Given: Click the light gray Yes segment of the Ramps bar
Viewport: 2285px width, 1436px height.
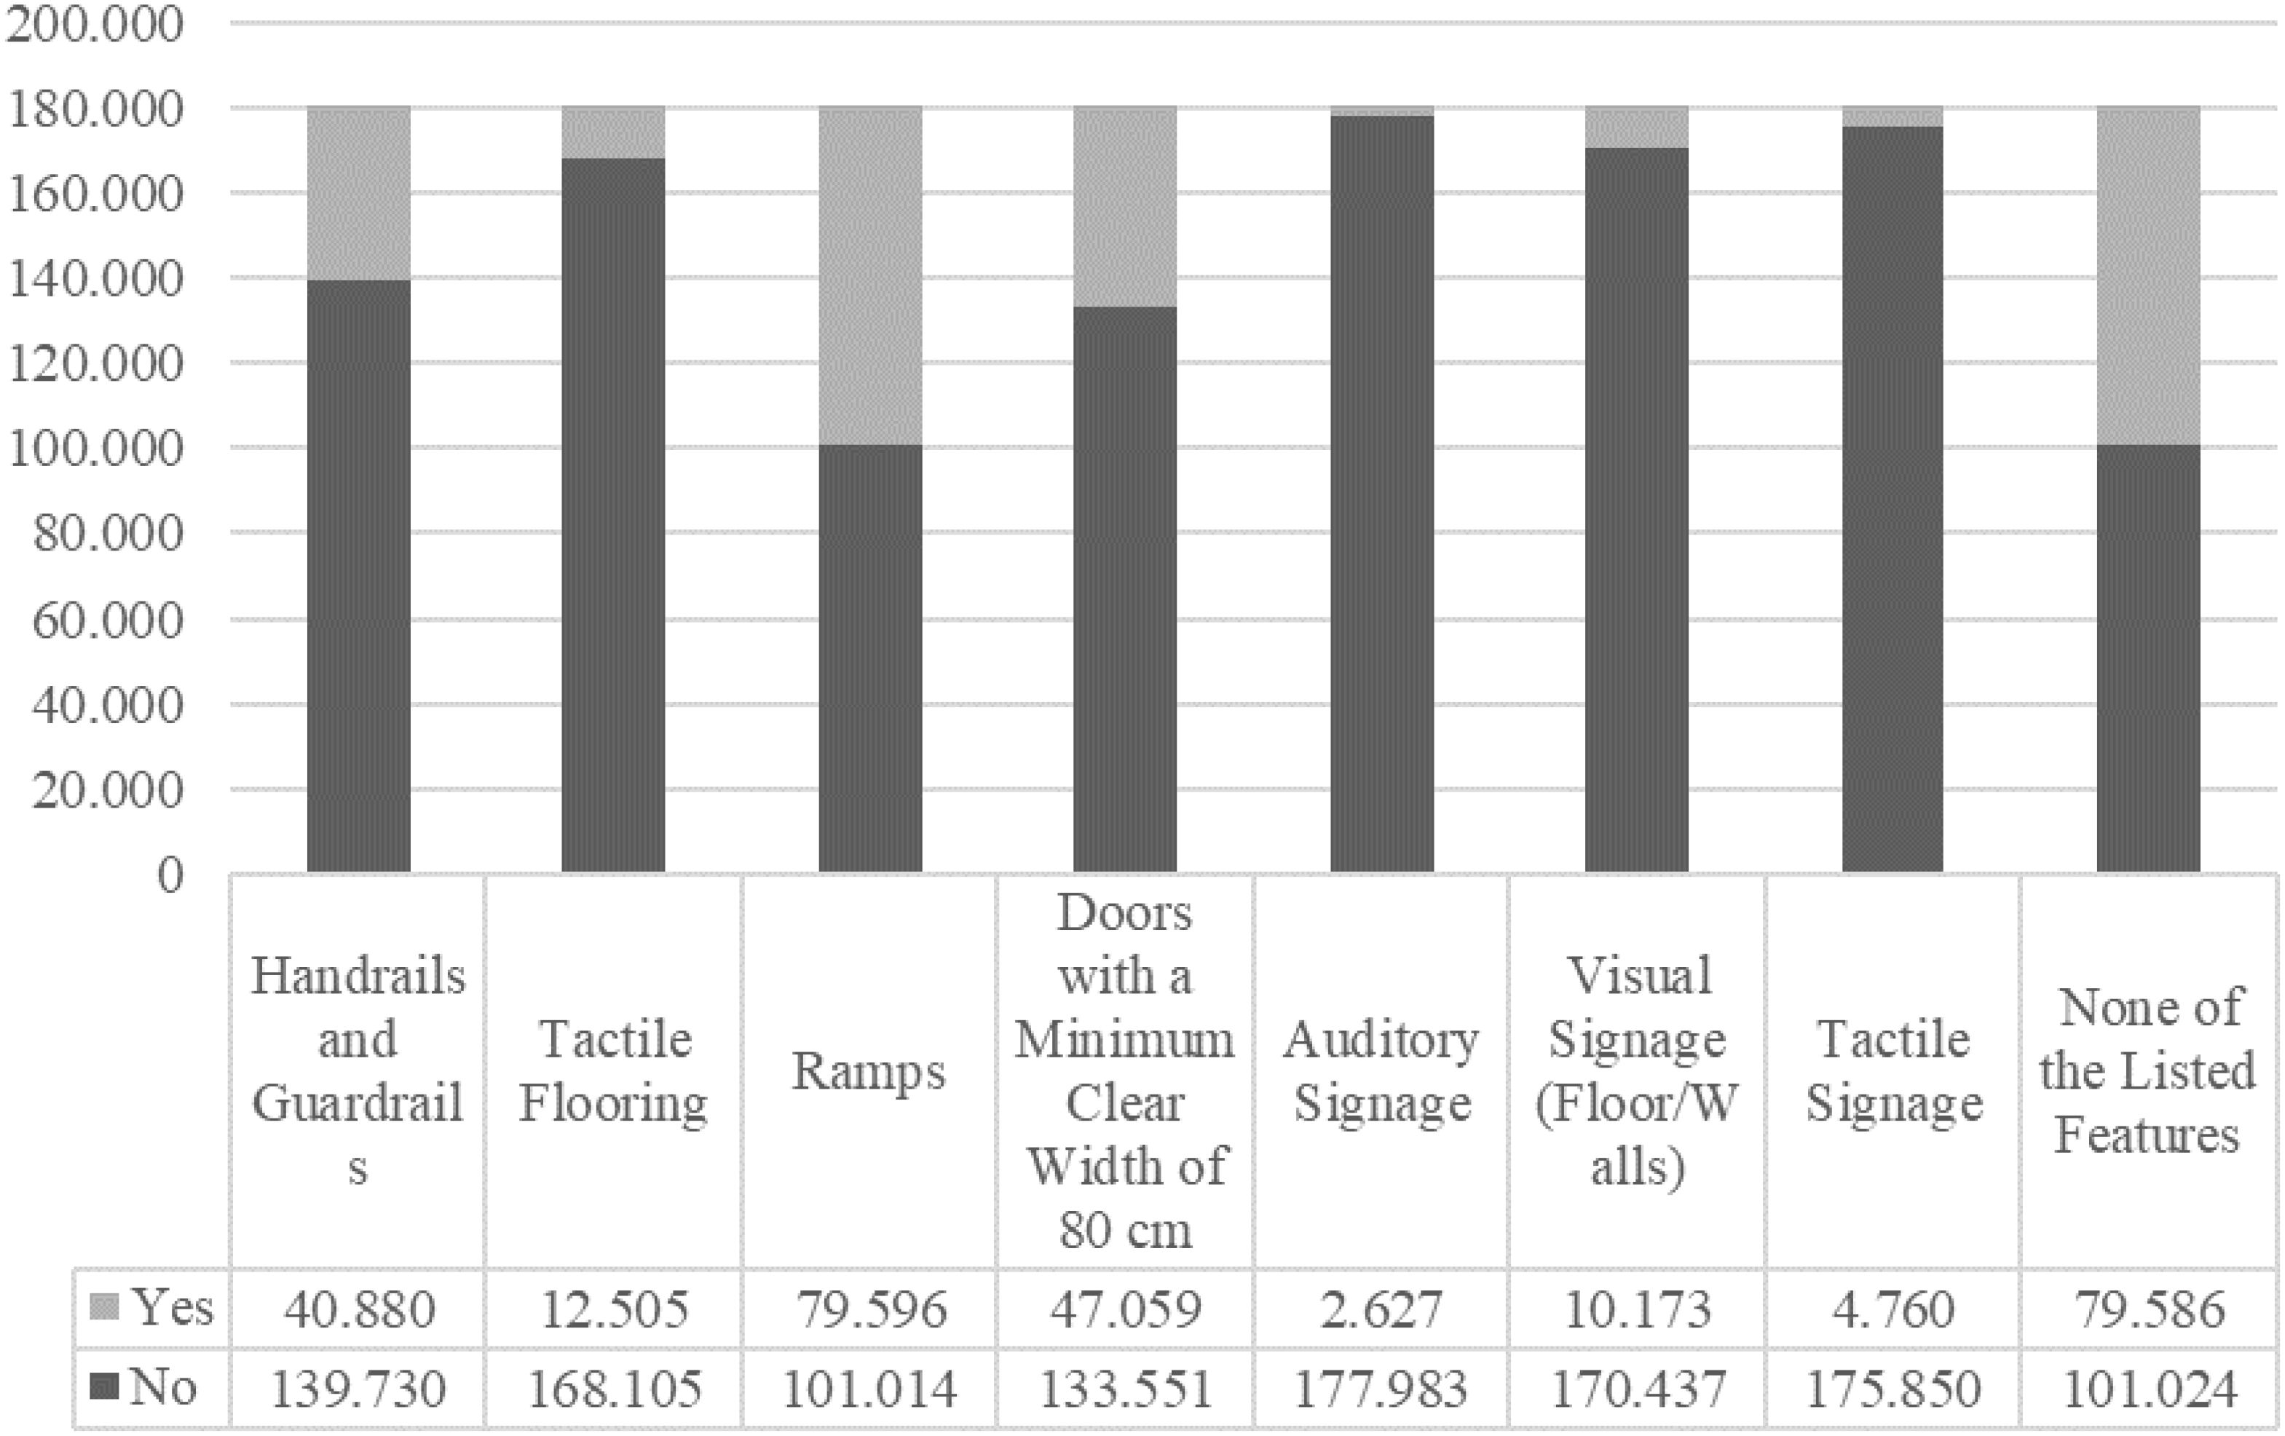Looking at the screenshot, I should click(x=870, y=275).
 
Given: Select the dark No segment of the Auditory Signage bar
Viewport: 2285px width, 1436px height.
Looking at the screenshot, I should click(x=1381, y=494).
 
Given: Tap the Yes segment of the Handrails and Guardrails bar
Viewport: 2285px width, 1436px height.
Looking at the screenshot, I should click(x=359, y=194).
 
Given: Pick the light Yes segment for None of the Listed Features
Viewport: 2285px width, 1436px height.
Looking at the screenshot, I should click(x=2148, y=275).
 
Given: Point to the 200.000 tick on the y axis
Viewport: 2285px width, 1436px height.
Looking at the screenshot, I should click(x=95, y=24).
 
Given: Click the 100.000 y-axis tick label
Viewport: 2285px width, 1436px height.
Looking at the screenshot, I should click(x=95, y=448).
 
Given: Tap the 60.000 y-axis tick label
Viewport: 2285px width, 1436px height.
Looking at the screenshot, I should click(x=106, y=620).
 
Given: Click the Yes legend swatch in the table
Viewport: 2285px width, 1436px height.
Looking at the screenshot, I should click(x=104, y=1307).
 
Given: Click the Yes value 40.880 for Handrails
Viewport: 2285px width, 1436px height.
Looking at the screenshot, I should click(x=359, y=1309).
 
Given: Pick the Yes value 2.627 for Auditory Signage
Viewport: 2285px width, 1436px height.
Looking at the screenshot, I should click(x=1381, y=1309).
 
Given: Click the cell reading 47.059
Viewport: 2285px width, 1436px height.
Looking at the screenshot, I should click(x=1126, y=1309).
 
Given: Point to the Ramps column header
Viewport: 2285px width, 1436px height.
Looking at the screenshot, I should click(x=869, y=1072).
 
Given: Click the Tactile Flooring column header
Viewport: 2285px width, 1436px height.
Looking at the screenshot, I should click(x=614, y=1072).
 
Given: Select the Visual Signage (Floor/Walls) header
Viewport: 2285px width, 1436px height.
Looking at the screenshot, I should click(x=1637, y=1072).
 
